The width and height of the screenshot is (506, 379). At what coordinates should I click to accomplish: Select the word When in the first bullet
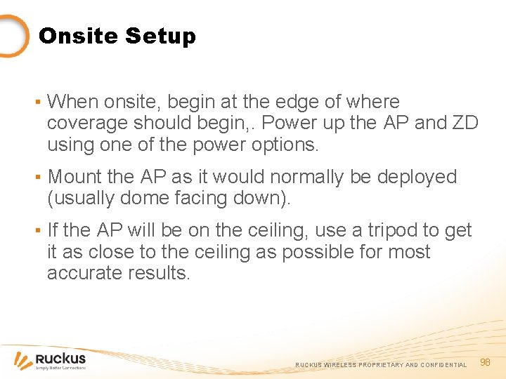click(x=73, y=102)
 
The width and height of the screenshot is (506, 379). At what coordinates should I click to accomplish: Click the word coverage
click(x=89, y=124)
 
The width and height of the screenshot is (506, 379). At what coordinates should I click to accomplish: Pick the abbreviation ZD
click(x=465, y=124)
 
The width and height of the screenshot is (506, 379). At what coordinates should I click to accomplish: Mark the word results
click(x=162, y=273)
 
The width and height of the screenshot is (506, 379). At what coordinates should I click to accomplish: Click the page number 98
click(x=484, y=362)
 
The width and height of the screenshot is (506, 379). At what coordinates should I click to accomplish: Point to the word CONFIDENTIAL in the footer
click(x=443, y=365)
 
